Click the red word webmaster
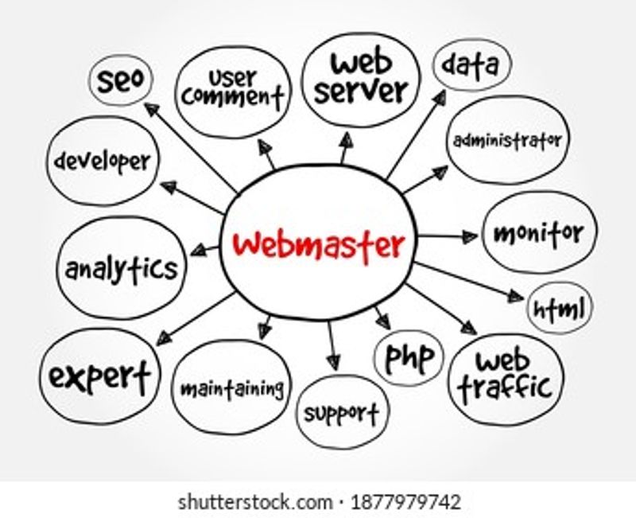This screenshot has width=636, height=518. [319, 245]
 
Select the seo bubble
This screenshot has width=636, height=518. [121, 80]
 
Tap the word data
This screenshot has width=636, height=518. [470, 65]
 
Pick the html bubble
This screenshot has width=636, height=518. [560, 308]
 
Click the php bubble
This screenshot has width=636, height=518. [409, 358]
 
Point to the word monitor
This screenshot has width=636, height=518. [538, 233]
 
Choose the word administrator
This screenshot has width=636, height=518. [507, 141]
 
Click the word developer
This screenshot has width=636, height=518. [103, 162]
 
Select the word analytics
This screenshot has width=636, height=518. [122, 268]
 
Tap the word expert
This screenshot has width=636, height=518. [100, 376]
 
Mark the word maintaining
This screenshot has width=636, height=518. [232, 388]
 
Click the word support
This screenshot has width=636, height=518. [342, 413]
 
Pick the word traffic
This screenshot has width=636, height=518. [506, 388]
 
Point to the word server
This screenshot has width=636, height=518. [361, 92]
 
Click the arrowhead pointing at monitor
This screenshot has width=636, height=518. [471, 236]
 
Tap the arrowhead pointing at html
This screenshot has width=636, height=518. [516, 296]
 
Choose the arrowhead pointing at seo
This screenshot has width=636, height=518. [152, 109]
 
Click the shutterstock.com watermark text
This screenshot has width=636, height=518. [254, 502]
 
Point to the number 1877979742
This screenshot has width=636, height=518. [405, 502]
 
